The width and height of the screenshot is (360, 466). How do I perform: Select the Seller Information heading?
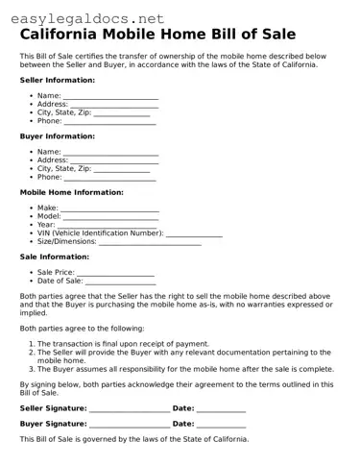click(58, 80)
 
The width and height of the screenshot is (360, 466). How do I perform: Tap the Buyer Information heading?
click(57, 135)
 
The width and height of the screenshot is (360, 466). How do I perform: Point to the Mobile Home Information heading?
click(72, 192)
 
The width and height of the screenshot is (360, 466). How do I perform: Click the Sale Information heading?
click(55, 257)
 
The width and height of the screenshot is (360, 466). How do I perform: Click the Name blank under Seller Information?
click(110, 97)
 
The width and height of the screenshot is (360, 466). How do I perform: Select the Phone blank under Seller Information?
click(109, 122)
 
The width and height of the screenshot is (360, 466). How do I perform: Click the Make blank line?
click(109, 208)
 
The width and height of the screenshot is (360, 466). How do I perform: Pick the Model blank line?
click(111, 217)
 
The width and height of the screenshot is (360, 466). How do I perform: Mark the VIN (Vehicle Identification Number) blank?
click(194, 233)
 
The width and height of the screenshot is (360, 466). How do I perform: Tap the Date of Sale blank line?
click(120, 282)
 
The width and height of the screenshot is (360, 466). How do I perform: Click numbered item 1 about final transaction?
click(123, 343)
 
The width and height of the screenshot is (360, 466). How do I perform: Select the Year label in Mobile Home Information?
click(46, 225)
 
